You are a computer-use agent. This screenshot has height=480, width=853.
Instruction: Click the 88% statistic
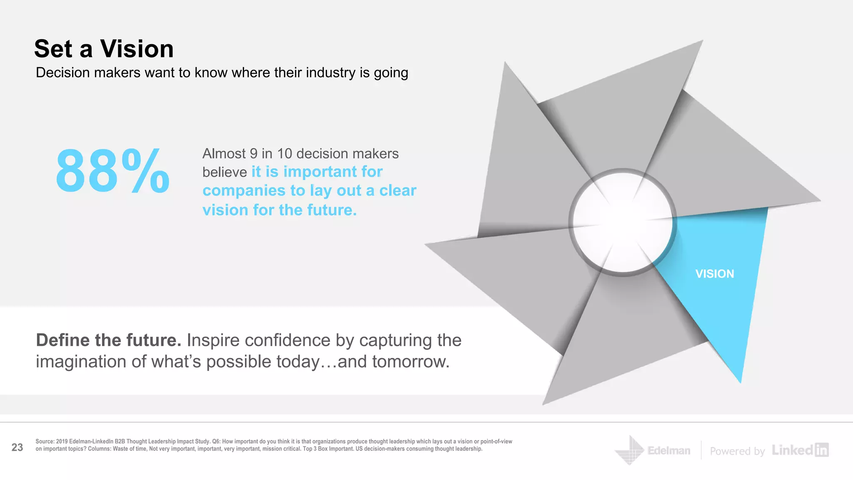[x=112, y=171]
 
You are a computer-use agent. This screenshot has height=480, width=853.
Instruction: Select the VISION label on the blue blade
[x=715, y=274]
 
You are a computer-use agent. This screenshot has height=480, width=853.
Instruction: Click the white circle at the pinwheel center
[x=622, y=222]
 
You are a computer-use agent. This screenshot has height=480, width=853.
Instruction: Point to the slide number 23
[x=17, y=447]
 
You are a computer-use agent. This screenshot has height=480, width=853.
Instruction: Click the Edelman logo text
[x=668, y=450]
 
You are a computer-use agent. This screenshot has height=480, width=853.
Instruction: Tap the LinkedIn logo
[x=800, y=450]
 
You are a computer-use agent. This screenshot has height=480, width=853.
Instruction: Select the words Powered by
[x=737, y=451]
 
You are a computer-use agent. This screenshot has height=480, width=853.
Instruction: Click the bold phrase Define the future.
[x=109, y=340]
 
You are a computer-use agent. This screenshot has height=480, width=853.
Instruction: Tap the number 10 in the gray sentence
[x=285, y=154]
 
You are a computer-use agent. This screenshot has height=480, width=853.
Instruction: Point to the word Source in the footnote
[x=45, y=442]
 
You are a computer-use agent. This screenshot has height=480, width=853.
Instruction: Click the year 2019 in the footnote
[x=62, y=442]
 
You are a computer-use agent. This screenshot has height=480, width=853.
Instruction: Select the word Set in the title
[x=53, y=49]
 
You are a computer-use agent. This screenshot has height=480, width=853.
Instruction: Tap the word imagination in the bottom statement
[x=81, y=362]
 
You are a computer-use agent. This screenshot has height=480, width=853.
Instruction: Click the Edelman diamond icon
[x=630, y=450]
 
